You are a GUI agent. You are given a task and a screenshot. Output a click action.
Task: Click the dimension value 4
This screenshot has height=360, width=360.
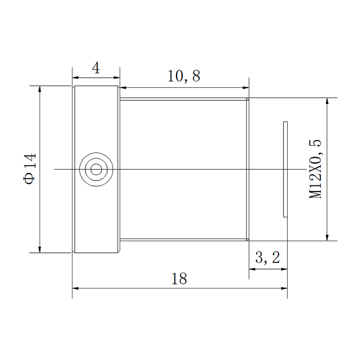click(96, 68)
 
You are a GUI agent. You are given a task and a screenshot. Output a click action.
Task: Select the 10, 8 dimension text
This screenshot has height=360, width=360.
click(184, 76)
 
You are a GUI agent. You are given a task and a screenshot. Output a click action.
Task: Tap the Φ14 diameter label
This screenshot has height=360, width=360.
click(30, 169)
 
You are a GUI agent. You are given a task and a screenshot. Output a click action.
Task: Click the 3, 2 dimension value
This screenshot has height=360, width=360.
click(268, 257)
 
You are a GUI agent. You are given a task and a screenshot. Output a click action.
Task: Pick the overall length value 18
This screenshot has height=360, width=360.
click(179, 279)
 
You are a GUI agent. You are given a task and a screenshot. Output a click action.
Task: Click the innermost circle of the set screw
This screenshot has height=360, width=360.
click(96, 170)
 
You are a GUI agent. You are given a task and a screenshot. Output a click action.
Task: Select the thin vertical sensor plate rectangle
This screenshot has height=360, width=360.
click(285, 169)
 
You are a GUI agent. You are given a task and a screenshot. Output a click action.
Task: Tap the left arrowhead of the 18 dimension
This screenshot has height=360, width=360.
click(76, 288)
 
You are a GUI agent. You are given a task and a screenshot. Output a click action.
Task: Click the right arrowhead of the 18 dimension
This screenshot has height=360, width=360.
click(284, 288)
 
